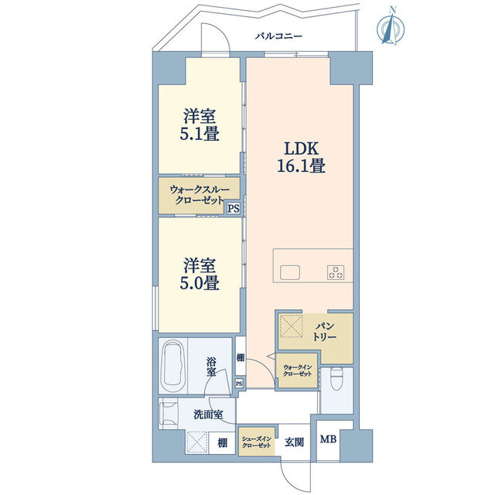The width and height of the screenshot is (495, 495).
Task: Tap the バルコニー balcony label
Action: pyautogui.click(x=278, y=36)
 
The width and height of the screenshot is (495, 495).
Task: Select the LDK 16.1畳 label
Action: pyautogui.click(x=301, y=157)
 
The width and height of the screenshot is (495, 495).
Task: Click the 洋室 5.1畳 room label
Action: pyautogui.click(x=200, y=125)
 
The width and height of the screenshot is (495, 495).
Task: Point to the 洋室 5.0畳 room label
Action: pyautogui.click(x=200, y=274)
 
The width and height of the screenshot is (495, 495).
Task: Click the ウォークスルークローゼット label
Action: pyautogui.click(x=200, y=195)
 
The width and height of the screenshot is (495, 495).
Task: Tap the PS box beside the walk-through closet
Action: pyautogui.click(x=234, y=208)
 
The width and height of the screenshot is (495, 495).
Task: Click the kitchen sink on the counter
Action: pyautogui.click(x=290, y=272)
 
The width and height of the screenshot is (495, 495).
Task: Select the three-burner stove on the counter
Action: pyautogui.click(x=336, y=272)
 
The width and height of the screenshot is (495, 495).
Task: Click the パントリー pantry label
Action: pyautogui.click(x=325, y=331)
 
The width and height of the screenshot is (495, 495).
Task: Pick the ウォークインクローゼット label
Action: pyautogui.click(x=297, y=370)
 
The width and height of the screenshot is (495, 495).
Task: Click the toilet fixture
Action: pyautogui.click(x=337, y=379)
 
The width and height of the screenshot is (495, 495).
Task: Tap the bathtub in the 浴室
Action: pyautogui.click(x=172, y=366)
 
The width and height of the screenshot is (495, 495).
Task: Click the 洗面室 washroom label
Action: pyautogui.click(x=208, y=415)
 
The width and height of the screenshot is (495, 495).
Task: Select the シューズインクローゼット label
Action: pyautogui.click(x=256, y=442)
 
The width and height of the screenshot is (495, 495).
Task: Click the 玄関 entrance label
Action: pyautogui.click(x=294, y=442)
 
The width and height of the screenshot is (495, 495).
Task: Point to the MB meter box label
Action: pyautogui.click(x=328, y=439)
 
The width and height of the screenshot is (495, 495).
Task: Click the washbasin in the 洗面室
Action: pyautogui.click(x=169, y=414)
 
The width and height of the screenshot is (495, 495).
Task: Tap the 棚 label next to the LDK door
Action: pyautogui.click(x=241, y=357)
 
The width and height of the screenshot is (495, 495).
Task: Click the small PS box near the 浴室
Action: pyautogui.click(x=239, y=384)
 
